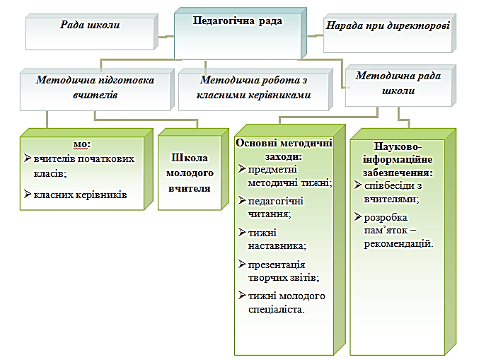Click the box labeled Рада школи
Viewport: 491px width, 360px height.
click(x=91, y=32)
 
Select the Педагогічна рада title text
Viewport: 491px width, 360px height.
click(x=237, y=21)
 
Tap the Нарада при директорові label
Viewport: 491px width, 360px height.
click(x=388, y=25)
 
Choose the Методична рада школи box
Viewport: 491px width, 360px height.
click(x=400, y=86)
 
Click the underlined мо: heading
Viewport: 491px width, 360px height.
click(x=82, y=144)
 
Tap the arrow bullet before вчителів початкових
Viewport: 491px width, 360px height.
click(x=28, y=158)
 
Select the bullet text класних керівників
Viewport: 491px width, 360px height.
click(x=80, y=194)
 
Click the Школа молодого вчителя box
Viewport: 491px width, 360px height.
click(x=193, y=169)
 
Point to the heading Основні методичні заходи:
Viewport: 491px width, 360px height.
click(x=284, y=150)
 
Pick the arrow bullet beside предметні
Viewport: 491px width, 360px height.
click(x=242, y=169)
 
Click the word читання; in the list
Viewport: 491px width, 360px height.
click(x=270, y=214)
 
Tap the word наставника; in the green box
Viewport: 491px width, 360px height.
click(x=277, y=246)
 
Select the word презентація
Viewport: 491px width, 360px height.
click(x=277, y=265)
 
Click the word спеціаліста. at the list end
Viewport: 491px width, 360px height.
click(x=276, y=310)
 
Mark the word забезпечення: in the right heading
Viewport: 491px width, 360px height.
click(x=398, y=173)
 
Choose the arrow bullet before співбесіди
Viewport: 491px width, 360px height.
click(x=358, y=185)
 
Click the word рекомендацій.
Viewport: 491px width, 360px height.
click(x=398, y=244)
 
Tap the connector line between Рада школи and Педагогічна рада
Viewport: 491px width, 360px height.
click(x=166, y=37)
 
